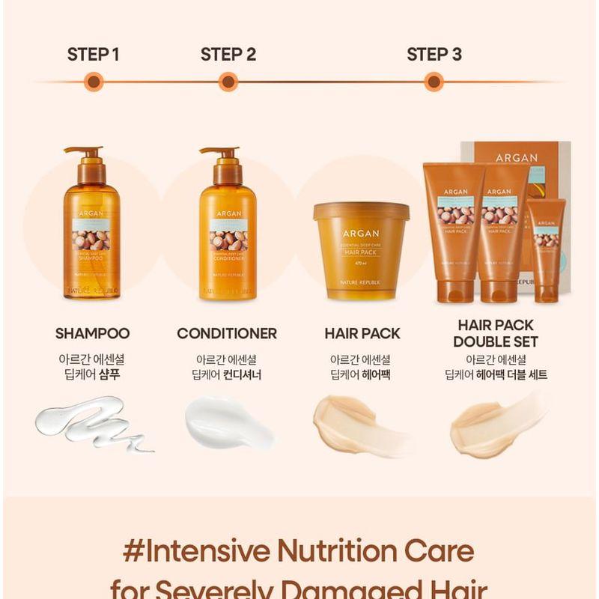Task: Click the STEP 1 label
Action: [x=94, y=54]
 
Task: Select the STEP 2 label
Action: [x=228, y=54]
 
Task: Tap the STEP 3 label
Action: [x=434, y=54]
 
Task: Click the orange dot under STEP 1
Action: [x=94, y=82]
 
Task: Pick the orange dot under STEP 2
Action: [x=228, y=82]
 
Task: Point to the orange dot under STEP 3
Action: [x=434, y=82]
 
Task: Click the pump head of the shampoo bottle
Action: [x=84, y=152]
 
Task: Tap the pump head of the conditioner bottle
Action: [x=219, y=152]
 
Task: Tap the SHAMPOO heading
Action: [x=93, y=334]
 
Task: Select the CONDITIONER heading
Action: [x=227, y=334]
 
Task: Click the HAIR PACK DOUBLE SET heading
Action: [x=496, y=334]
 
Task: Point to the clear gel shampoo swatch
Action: [x=90, y=425]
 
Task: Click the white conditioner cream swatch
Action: [x=226, y=423]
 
